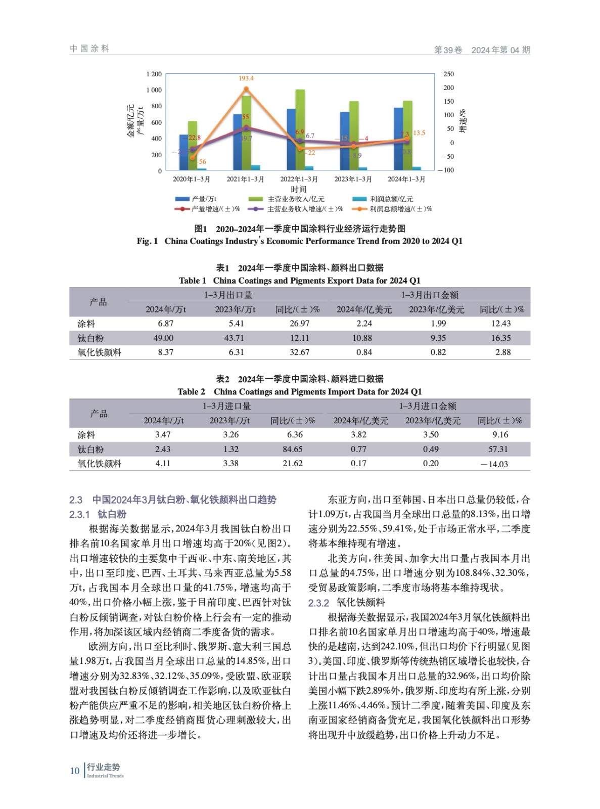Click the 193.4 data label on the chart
click(246, 78)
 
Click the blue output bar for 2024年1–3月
click(398, 139)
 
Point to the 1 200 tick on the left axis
click(154, 74)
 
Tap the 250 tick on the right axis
click(448, 74)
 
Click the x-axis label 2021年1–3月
click(245, 179)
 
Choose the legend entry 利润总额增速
click(394, 209)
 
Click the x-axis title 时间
click(298, 189)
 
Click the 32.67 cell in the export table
click(299, 352)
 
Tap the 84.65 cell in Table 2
click(293, 449)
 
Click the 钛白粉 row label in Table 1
click(91, 338)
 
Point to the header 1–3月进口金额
click(428, 406)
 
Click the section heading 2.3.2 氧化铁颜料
click(347, 602)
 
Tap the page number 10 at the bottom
click(75, 771)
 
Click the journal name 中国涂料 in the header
click(89, 49)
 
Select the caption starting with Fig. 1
click(299, 241)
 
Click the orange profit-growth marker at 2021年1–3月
click(246, 89)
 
